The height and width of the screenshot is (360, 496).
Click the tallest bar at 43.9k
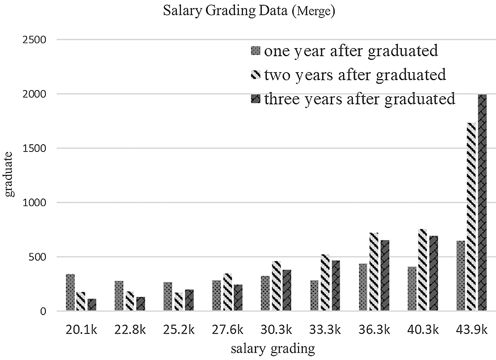(x=482, y=203)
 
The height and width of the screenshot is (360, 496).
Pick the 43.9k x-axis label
(x=472, y=330)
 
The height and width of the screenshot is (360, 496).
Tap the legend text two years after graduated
(x=355, y=75)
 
